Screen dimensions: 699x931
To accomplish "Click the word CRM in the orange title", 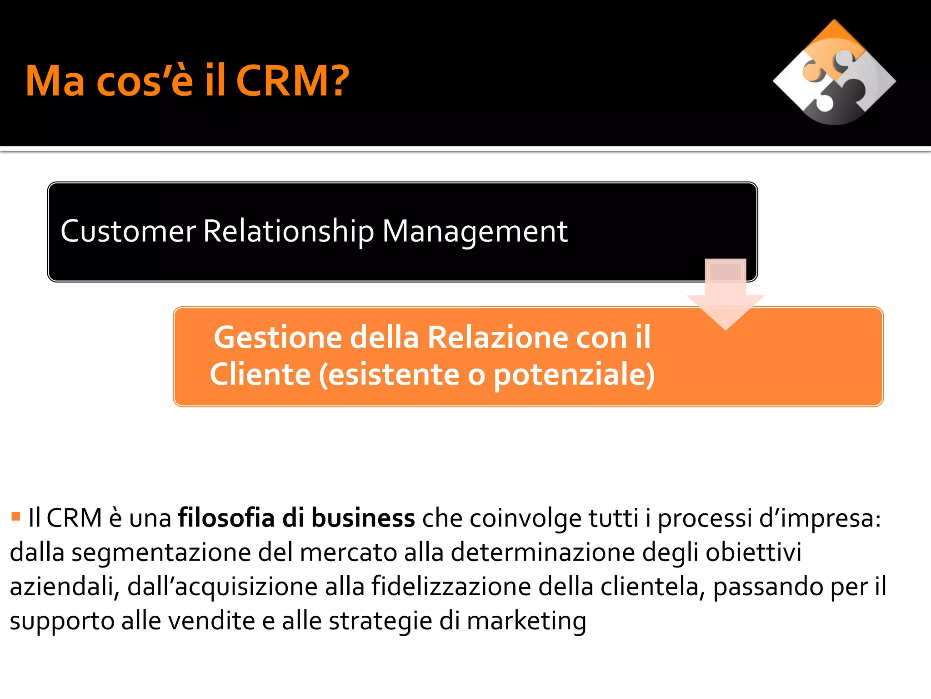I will point(285,81).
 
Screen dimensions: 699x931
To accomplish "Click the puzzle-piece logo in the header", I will point(834,73).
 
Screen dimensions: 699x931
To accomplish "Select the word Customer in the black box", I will point(128,231).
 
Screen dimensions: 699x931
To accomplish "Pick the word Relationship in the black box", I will point(288,231).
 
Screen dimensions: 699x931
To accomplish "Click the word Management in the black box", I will point(475,231).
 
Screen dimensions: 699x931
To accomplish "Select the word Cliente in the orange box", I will point(260,375).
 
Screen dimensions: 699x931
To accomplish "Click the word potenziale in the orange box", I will point(574,375).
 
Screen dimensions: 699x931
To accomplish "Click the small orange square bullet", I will point(16,516).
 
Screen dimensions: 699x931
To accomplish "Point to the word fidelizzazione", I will point(451,587).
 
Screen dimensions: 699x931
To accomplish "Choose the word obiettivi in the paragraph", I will point(753,552).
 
